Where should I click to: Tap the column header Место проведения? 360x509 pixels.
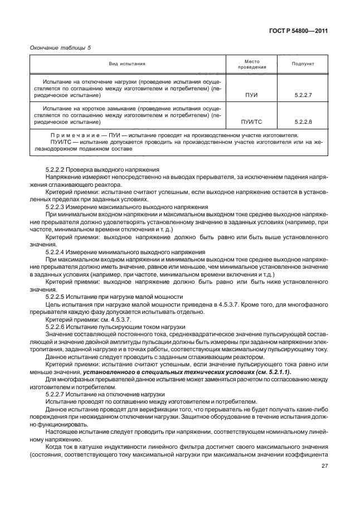click(x=252, y=64)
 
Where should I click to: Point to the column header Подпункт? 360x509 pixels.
click(x=304, y=64)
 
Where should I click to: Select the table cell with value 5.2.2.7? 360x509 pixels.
click(x=304, y=95)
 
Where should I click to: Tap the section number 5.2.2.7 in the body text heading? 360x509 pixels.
click(x=56, y=394)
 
